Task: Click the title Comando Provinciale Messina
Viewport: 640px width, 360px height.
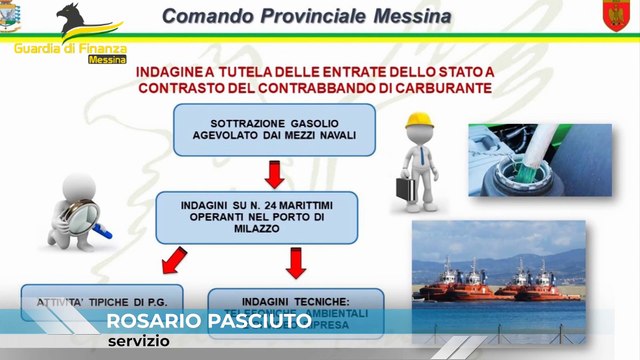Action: tap(305, 17)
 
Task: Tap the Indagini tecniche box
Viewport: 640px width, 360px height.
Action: tap(295, 305)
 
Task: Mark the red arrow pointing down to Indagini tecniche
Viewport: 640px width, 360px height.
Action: tap(295, 263)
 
